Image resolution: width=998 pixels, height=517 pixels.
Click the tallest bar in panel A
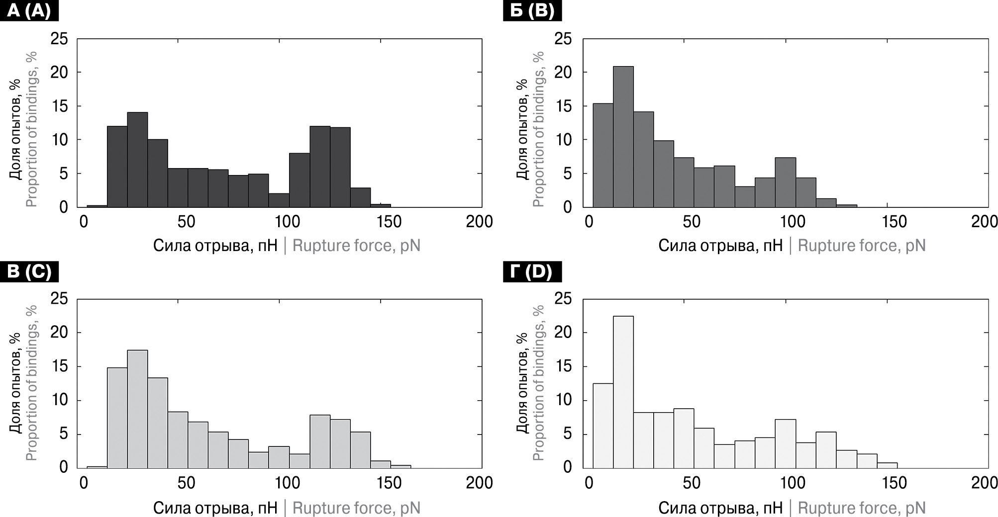point(137,160)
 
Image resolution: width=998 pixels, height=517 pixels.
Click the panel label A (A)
point(29,10)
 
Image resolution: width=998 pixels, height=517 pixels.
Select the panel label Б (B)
point(532,10)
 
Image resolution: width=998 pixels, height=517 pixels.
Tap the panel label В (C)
point(29,272)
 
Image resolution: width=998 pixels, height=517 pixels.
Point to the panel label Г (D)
point(532,272)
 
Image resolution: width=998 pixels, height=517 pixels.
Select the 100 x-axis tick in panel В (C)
point(288,482)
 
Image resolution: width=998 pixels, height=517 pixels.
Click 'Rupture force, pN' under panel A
point(356,246)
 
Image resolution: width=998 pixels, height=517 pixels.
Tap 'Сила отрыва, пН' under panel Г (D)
point(720,508)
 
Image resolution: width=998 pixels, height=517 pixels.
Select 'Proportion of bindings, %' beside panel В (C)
point(32,383)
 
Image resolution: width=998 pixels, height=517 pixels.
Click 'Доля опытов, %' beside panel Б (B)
point(522,129)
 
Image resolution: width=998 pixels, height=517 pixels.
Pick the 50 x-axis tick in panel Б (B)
point(692,222)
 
